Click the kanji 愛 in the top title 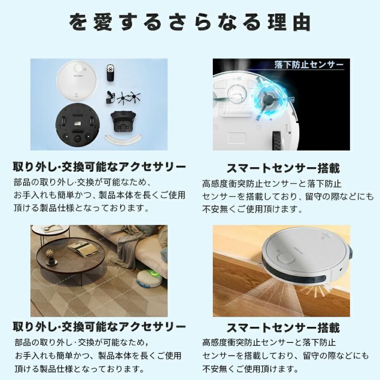point(103,22)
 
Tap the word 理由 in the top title point(289,22)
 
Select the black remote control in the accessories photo point(110,73)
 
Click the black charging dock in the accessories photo point(122,122)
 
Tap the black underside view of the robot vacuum point(78,124)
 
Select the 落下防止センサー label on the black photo point(309,65)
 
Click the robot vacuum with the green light point(149,278)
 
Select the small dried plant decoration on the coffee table point(50,253)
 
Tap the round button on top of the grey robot point(285,258)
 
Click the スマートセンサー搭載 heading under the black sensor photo point(283,168)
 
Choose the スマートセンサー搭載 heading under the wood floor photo point(283,328)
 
